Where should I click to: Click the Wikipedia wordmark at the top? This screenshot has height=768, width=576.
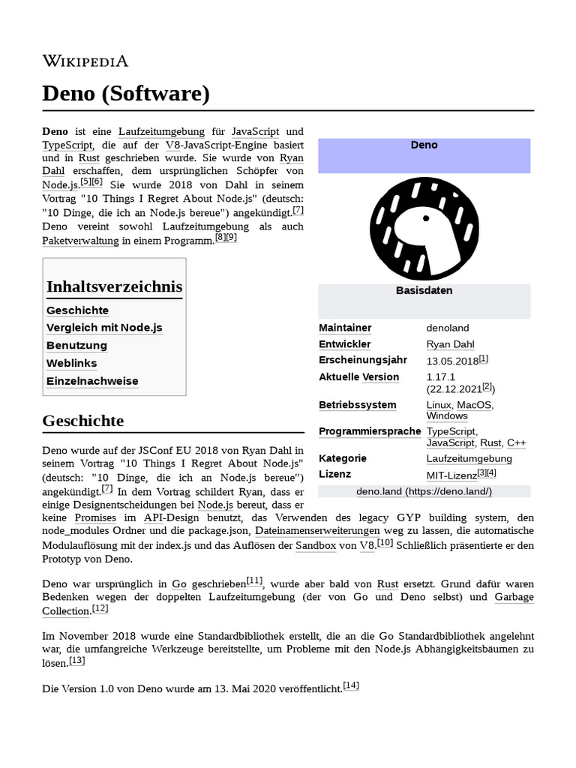tap(85, 61)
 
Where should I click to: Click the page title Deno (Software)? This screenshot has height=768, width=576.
tap(126, 94)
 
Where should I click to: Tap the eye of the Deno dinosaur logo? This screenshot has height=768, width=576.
tap(425, 218)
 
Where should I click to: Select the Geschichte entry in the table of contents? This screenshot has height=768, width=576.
tap(77, 310)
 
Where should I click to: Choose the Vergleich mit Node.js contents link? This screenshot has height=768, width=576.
tap(104, 328)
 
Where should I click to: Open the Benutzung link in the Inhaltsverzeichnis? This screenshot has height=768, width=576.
tap(76, 346)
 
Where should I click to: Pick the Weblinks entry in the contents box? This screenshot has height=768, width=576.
tap(71, 363)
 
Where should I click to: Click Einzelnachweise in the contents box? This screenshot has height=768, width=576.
tap(92, 381)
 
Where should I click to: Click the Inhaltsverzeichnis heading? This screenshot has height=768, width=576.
tap(114, 286)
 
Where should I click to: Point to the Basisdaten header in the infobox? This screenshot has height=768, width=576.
tap(424, 290)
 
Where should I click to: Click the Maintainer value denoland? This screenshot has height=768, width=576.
tap(447, 328)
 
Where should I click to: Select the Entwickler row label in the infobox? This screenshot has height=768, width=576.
tap(344, 344)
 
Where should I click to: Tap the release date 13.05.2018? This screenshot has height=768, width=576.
tap(451, 361)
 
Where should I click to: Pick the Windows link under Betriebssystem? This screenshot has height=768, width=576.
tap(447, 416)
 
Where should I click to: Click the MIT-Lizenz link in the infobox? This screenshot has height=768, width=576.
tap(451, 475)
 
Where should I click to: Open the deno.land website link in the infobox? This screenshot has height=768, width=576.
tap(424, 491)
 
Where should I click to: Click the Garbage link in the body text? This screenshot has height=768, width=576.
tap(514, 598)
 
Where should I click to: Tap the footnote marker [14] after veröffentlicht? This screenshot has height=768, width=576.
tap(351, 685)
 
